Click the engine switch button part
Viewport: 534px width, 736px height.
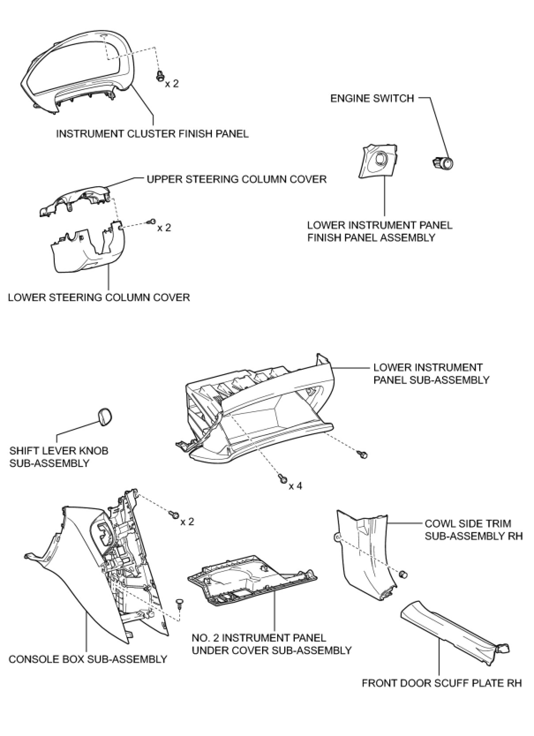pyautogui.click(x=443, y=164)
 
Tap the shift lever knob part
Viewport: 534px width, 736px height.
pyautogui.click(x=104, y=417)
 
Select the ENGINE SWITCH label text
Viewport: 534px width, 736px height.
pyautogui.click(x=372, y=98)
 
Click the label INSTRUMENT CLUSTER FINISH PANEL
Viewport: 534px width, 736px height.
pyautogui.click(x=152, y=133)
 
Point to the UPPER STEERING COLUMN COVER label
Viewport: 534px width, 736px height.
pyautogui.click(x=237, y=179)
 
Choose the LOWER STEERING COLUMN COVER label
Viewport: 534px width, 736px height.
pyautogui.click(x=99, y=297)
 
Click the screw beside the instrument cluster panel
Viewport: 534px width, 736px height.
pyautogui.click(x=160, y=77)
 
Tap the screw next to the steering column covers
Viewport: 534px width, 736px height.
pyautogui.click(x=152, y=221)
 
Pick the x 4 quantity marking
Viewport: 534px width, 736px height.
pyautogui.click(x=296, y=486)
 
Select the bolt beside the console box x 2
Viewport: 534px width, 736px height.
pyautogui.click(x=174, y=514)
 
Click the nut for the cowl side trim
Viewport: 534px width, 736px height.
pyautogui.click(x=402, y=575)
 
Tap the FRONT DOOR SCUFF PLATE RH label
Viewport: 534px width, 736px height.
pyautogui.click(x=442, y=683)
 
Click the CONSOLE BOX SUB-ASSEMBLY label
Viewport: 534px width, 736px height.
pyautogui.click(x=88, y=659)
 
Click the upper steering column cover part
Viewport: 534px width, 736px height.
pyautogui.click(x=75, y=200)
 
